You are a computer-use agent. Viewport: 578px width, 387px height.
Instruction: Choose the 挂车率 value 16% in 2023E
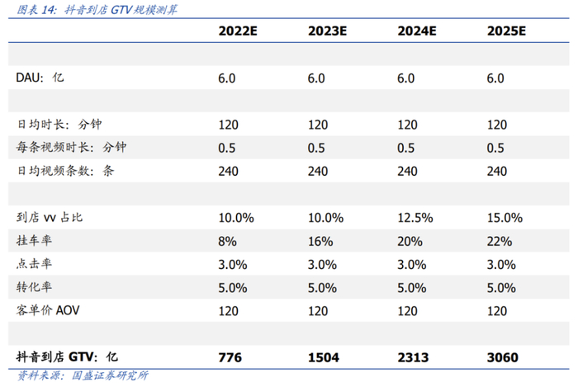[320, 242]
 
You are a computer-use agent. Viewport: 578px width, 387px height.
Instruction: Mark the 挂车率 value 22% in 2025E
[499, 242]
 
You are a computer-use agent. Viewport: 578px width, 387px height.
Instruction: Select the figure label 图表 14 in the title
[36, 10]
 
